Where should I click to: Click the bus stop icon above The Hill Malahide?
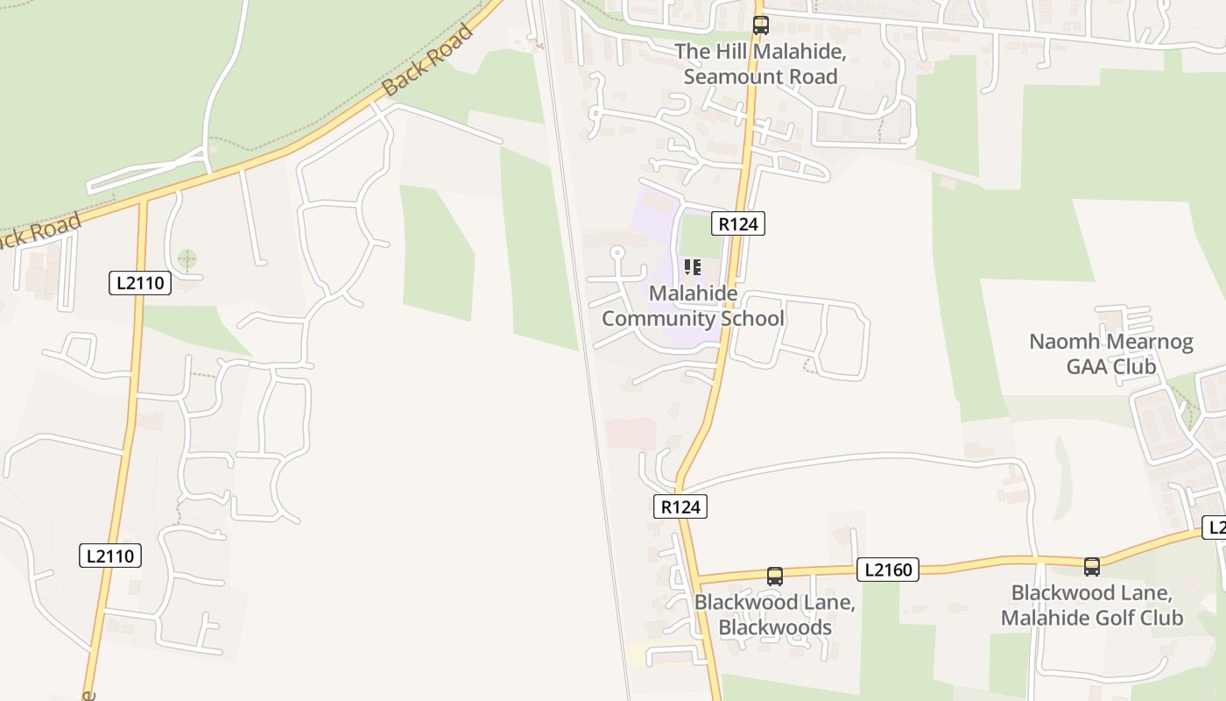(760, 25)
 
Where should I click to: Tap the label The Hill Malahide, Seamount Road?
(760, 64)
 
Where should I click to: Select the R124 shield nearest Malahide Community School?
(737, 223)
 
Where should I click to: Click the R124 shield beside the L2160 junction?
(680, 506)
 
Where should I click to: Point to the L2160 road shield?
(887, 570)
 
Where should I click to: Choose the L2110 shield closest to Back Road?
(140, 282)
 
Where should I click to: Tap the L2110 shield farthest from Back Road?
(110, 556)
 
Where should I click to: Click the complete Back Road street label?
(427, 60)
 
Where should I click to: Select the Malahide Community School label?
(693, 305)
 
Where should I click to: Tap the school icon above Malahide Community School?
(692, 266)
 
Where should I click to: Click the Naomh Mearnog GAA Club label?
(1110, 353)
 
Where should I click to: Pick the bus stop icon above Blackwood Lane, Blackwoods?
(774, 576)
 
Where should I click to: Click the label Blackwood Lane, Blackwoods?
(774, 615)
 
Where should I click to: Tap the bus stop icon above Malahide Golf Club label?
(1091, 566)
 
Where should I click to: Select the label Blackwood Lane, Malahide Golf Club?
(1091, 605)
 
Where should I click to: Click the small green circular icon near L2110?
(187, 258)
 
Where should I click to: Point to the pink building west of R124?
(631, 433)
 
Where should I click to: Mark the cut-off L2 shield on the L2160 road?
(1215, 528)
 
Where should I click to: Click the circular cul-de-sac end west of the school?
(617, 252)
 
